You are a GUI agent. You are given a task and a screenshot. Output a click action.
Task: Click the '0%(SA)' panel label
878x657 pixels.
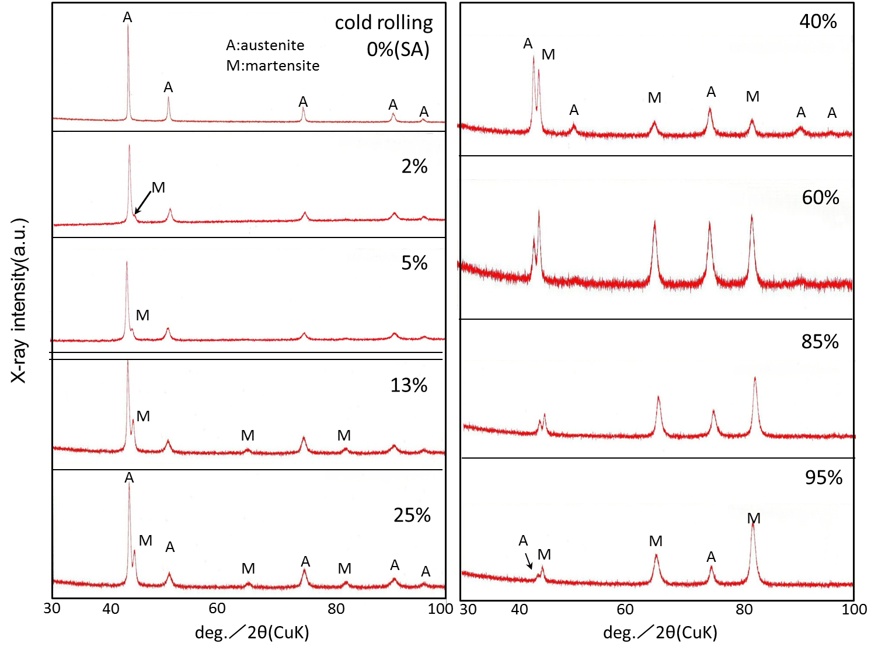click(x=398, y=50)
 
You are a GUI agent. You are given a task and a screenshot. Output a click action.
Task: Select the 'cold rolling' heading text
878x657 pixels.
click(x=384, y=23)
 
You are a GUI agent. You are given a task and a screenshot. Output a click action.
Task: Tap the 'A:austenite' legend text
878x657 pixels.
click(x=265, y=46)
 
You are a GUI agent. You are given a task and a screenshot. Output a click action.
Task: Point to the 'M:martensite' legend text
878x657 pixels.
click(x=273, y=65)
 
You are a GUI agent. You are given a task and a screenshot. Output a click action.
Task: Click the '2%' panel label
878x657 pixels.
click(x=414, y=167)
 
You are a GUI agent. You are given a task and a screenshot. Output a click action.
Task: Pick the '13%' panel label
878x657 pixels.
click(x=409, y=386)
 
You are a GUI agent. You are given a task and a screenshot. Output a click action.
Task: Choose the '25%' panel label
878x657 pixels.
click(x=412, y=515)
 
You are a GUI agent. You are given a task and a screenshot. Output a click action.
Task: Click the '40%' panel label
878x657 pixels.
click(x=818, y=22)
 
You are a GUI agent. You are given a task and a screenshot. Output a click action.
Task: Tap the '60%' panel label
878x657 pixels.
click(x=820, y=198)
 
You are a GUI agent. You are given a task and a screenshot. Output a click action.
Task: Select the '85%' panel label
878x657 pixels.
click(x=820, y=341)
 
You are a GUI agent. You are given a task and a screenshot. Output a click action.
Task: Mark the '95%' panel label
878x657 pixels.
click(x=823, y=478)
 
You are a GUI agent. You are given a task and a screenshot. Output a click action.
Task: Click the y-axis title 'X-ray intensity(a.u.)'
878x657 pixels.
click(x=19, y=300)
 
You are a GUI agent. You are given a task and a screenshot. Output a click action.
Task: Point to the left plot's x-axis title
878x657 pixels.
click(x=252, y=632)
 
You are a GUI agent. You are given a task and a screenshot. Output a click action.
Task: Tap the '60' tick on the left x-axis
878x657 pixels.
click(x=217, y=609)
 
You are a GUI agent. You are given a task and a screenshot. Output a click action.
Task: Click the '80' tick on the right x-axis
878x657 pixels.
click(x=744, y=610)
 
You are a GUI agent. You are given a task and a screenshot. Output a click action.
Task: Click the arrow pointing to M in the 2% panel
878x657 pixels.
click(x=142, y=202)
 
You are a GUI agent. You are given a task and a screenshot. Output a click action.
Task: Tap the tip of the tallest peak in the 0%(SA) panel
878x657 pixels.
click(x=128, y=25)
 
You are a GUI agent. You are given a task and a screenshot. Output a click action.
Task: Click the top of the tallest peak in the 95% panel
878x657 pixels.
click(x=753, y=524)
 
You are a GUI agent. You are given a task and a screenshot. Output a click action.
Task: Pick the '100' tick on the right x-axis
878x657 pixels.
click(x=854, y=610)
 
